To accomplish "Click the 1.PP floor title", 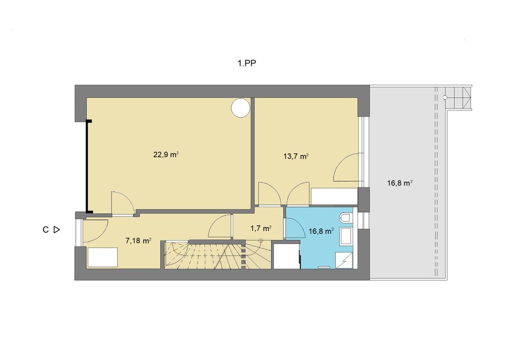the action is click(247, 63).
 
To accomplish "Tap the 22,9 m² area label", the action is click(166, 154).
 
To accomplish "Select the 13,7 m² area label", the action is click(296, 157).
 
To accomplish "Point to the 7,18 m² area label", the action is click(138, 241).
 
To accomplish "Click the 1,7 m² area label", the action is click(261, 228).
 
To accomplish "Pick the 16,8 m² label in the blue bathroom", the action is click(321, 231).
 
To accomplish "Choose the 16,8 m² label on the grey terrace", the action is click(400, 183).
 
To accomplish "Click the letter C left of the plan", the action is click(46, 230).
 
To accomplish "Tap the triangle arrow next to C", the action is click(57, 230).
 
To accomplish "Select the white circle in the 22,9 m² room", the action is click(240, 108).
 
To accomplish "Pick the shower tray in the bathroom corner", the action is click(344, 260).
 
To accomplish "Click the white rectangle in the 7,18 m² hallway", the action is click(103, 257).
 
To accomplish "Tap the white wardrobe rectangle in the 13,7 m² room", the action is click(334, 197).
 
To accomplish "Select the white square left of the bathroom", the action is click(287, 256).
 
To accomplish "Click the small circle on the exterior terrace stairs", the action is click(445, 97).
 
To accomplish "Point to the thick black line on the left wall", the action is click(87, 167).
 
